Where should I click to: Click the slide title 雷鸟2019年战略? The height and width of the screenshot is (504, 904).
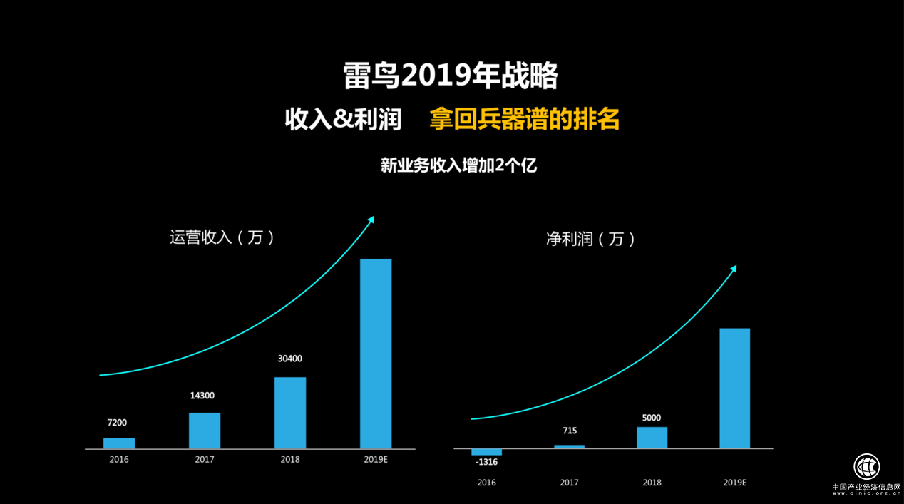(x=451, y=76)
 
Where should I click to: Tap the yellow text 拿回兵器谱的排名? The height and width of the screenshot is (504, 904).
(x=524, y=119)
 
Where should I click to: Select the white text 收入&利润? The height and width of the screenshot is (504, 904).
(x=343, y=119)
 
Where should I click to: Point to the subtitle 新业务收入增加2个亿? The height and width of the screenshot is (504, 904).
(x=458, y=166)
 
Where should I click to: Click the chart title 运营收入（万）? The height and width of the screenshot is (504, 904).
(x=222, y=237)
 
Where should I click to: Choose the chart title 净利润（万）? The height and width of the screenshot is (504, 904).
(x=590, y=239)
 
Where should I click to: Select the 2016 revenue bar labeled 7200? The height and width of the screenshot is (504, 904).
(x=119, y=443)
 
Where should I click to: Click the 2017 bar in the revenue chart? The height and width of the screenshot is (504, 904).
(x=205, y=431)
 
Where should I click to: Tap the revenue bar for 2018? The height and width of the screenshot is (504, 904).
(x=290, y=413)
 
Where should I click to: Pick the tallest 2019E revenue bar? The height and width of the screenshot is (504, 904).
(x=376, y=354)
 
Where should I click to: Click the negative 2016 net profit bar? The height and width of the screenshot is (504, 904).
(x=486, y=452)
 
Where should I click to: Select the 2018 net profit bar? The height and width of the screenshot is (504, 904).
(x=652, y=438)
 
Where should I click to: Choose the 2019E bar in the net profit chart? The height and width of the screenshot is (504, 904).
(x=734, y=389)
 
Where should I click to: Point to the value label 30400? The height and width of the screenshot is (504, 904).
(x=289, y=359)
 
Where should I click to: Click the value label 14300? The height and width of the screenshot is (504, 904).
(x=202, y=396)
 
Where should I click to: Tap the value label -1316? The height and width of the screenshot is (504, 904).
(x=486, y=463)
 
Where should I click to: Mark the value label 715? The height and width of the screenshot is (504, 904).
(x=569, y=431)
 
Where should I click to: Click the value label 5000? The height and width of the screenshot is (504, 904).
(x=651, y=418)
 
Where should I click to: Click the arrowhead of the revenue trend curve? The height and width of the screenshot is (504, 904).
(x=371, y=220)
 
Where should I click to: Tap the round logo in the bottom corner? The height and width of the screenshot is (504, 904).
(x=867, y=467)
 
